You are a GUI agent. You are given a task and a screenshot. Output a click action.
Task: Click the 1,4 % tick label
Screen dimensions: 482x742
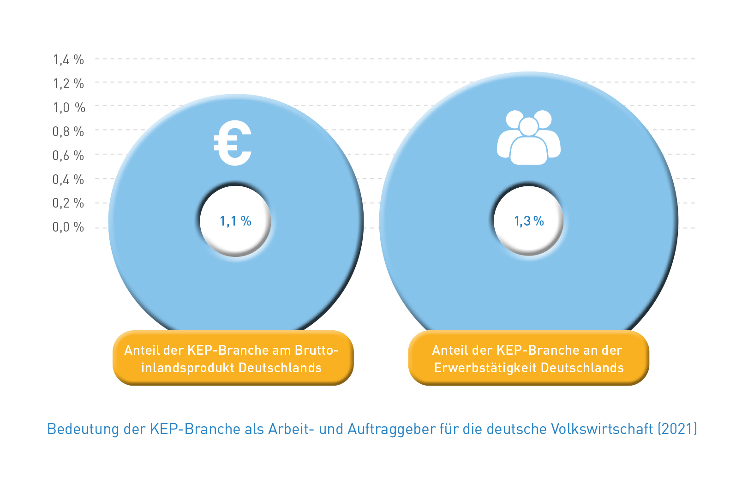[68, 60]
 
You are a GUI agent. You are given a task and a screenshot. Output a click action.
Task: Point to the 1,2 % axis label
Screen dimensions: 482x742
[68, 83]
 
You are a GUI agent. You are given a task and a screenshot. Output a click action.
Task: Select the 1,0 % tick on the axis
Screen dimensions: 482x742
[69, 107]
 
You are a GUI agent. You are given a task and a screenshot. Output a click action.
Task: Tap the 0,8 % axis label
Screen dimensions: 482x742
[68, 131]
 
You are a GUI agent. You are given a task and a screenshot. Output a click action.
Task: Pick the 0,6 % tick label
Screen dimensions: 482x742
[68, 155]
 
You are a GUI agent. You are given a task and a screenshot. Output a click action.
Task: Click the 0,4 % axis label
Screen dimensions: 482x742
[68, 179]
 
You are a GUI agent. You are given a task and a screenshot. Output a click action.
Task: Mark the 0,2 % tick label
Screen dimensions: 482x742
[68, 203]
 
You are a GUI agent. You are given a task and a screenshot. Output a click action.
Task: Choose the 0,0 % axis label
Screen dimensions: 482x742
[68, 227]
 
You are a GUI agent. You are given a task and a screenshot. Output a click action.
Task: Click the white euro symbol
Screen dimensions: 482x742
[233, 143]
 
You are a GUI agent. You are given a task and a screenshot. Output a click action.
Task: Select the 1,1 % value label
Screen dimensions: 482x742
[235, 221]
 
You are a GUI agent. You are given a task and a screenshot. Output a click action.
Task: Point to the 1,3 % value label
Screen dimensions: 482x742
[529, 221]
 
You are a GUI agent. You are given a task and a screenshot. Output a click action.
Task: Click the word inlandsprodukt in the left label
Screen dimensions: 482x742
[188, 368]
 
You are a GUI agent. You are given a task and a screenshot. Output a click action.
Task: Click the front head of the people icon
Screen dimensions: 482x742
[529, 126]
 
